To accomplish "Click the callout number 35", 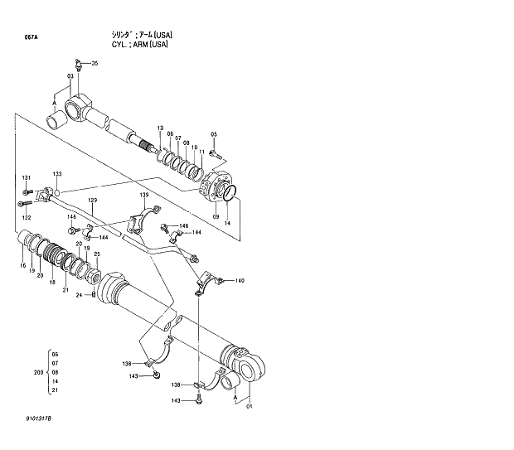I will point(95,64).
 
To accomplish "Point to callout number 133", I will point(57,174).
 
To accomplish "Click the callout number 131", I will point(26,178).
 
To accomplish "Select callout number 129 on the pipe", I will point(93,201).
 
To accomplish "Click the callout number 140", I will point(240,281).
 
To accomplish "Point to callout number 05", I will point(213,134).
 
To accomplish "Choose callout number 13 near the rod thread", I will point(160,127).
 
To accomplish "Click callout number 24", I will point(80,295).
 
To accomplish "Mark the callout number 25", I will point(97,254).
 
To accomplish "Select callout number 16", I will point(23,265).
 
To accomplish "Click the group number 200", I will point(38,373).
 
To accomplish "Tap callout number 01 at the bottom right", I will point(249,405).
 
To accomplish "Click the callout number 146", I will point(184,226).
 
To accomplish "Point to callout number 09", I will point(216,217).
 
